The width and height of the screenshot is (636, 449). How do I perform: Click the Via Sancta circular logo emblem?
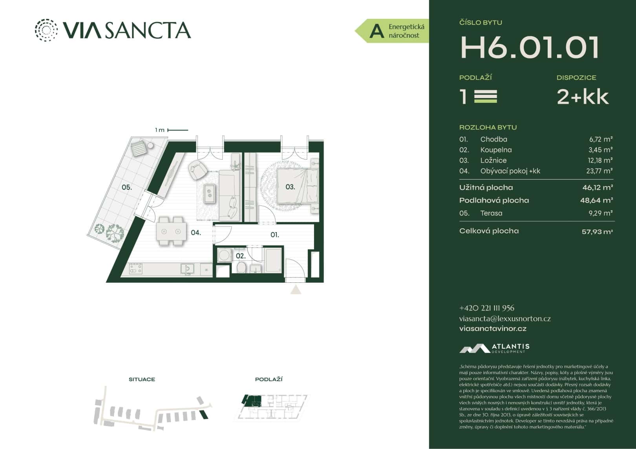coord(46,30)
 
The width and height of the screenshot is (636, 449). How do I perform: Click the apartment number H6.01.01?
coord(530,47)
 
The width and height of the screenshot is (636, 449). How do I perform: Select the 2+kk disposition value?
coord(583,96)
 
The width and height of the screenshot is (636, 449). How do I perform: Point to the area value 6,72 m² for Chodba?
coord(601,139)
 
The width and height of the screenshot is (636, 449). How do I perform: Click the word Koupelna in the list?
coord(496,150)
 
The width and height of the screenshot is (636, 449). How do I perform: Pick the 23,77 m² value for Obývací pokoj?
coord(599,171)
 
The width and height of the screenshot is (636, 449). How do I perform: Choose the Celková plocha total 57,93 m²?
coord(597,232)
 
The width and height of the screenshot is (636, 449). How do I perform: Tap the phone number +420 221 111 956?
coord(486,308)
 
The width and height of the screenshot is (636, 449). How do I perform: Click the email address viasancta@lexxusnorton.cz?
coord(505,319)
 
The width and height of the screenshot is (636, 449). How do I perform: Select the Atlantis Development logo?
coord(494,348)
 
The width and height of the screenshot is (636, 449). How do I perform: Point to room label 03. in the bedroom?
coord(290,187)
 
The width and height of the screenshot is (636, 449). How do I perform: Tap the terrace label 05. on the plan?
coord(126,187)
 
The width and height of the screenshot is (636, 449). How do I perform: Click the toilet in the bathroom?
coord(241,267)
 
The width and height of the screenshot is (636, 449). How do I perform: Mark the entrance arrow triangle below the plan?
coord(296,290)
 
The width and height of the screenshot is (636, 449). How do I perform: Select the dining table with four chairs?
coord(171,231)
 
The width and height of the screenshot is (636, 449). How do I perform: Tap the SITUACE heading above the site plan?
coord(142,379)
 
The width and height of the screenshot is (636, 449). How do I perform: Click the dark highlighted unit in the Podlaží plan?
coord(250,401)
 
